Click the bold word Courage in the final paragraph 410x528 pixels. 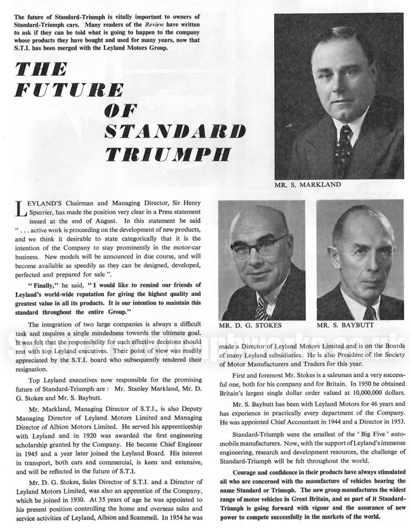point(247,472)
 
